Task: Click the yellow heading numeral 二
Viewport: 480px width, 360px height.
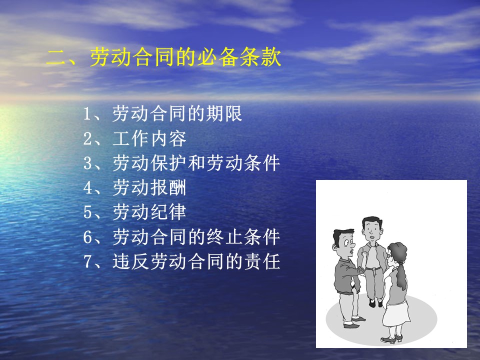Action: click(x=57, y=57)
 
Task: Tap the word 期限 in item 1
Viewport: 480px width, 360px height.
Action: click(x=224, y=113)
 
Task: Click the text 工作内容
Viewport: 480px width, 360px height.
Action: click(x=149, y=138)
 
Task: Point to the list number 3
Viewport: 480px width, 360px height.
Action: click(x=87, y=163)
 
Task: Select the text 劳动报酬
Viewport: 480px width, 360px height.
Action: click(x=149, y=187)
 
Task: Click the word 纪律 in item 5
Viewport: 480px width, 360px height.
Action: click(x=168, y=212)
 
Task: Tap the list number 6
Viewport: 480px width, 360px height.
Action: click(x=87, y=237)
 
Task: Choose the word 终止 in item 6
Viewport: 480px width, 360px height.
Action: click(x=224, y=236)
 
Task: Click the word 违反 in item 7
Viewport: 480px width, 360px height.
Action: click(x=130, y=261)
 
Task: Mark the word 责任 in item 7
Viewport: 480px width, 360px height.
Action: click(x=262, y=261)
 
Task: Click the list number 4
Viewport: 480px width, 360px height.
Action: click(x=87, y=188)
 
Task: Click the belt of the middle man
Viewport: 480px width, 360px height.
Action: click(x=373, y=268)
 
